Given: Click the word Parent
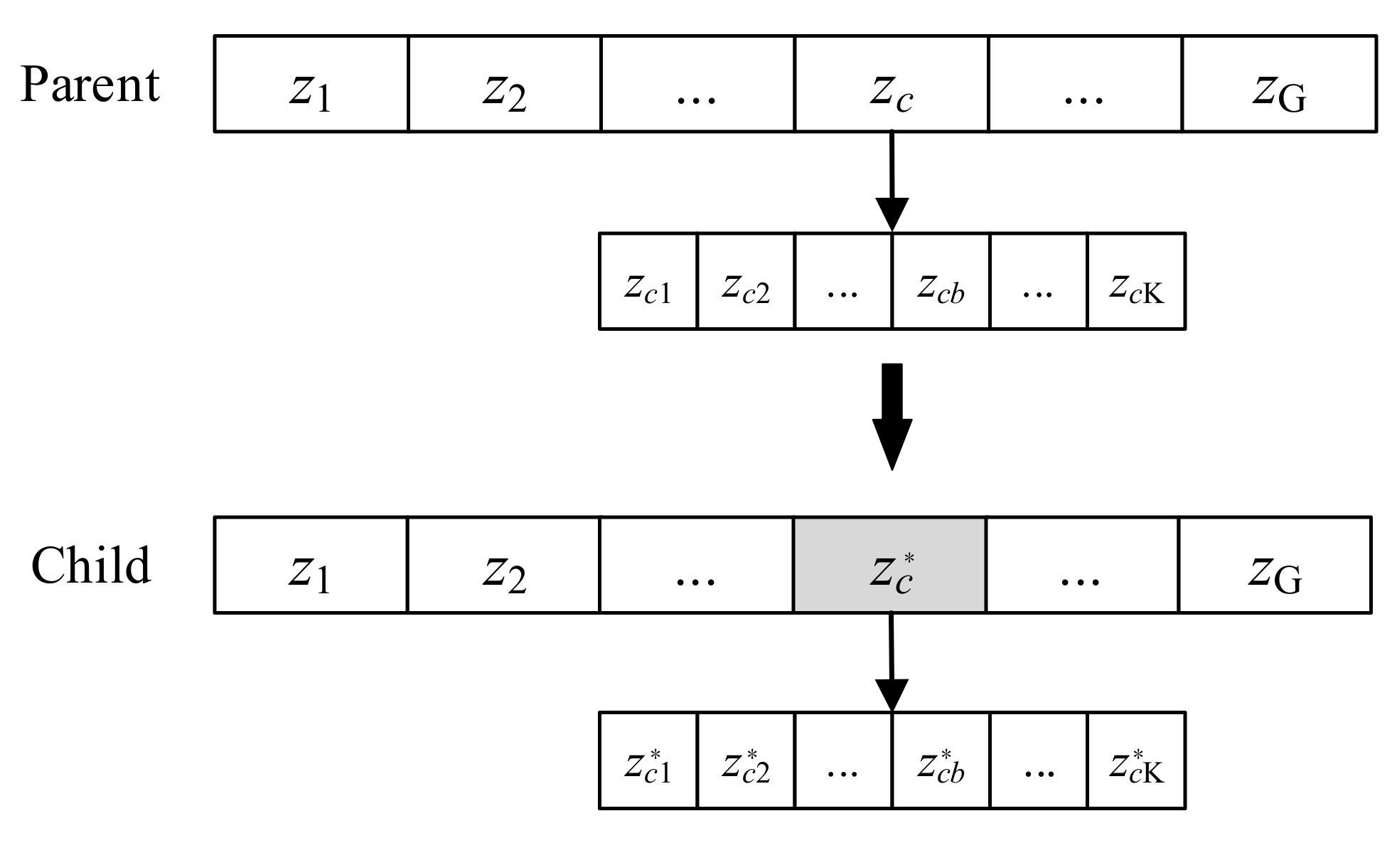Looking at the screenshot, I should tap(90, 85).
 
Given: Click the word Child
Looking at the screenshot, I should tap(91, 566).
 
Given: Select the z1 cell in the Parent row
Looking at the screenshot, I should tap(311, 84).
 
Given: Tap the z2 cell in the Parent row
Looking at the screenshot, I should tap(504, 84).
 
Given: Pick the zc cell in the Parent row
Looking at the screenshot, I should tap(891, 84).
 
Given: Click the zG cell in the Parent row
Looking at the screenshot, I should tap(1279, 84).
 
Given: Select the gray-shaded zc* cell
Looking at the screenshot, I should tap(889, 565).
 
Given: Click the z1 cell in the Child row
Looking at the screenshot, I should tap(311, 565).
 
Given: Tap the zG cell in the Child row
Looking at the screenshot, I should tap(1275, 565).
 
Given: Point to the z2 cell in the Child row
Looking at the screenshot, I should tap(503, 565).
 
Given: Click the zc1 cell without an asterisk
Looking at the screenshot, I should tap(648, 281).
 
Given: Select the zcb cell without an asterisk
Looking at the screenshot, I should tap(940, 281).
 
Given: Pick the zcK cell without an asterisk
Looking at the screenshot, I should tap(1136, 281).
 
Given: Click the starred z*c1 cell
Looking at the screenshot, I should tap(648, 760).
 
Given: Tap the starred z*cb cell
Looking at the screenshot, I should tap(940, 760).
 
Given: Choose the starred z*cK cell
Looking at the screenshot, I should tap(1136, 760).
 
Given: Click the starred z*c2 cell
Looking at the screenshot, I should tap(745, 760).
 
